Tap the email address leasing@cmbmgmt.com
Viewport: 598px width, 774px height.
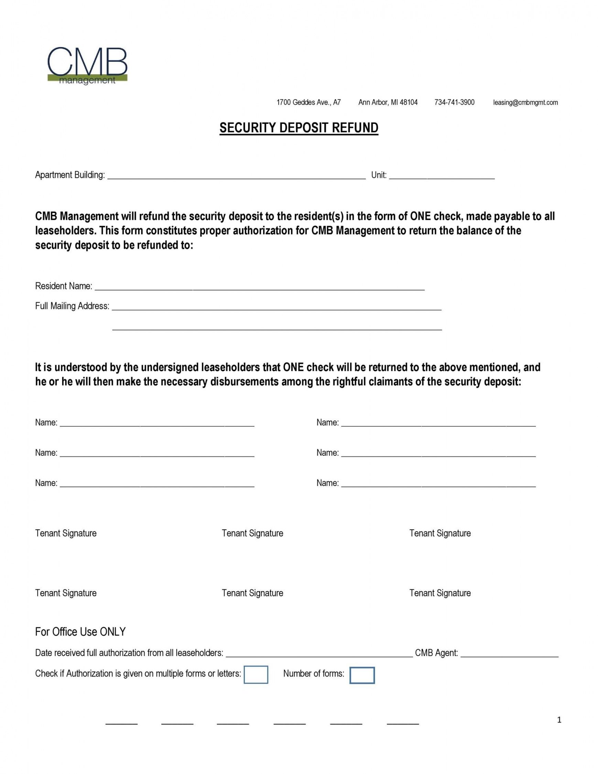tap(525, 103)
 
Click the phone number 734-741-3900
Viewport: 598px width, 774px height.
tap(454, 103)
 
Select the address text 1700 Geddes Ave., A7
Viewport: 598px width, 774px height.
tap(308, 103)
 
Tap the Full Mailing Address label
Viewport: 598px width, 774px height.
tap(72, 306)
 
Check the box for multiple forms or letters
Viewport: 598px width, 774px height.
tap(256, 675)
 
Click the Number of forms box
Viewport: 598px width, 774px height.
tap(362, 675)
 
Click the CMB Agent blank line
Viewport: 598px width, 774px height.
tap(509, 654)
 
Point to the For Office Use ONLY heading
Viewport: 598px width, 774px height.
tap(80, 632)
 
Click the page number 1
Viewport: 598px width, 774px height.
tap(559, 720)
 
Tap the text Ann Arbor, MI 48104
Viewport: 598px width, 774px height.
tap(388, 103)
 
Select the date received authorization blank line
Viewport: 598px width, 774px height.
tap(319, 654)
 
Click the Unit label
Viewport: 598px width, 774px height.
tap(378, 175)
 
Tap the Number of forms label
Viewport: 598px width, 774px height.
tap(314, 674)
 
